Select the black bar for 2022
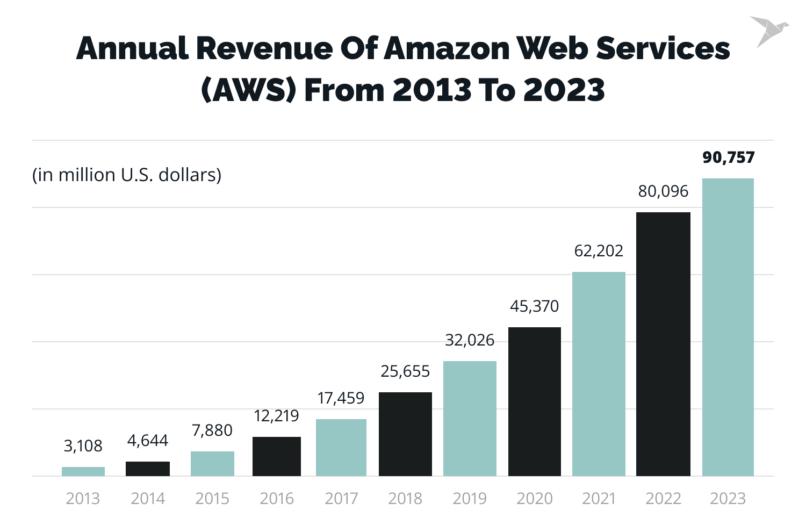[663, 344]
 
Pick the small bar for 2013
[83, 471]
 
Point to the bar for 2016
[277, 456]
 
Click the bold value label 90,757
[728, 157]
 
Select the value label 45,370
[534, 306]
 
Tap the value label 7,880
[212, 430]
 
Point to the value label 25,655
[405, 371]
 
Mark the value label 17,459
[341, 398]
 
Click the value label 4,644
[148, 441]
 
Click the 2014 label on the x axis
[148, 499]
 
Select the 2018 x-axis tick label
[405, 499]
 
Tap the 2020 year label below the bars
[534, 499]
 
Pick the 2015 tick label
[212, 499]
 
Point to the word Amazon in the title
[447, 48]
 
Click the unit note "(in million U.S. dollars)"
[127, 175]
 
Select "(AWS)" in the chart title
[248, 90]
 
